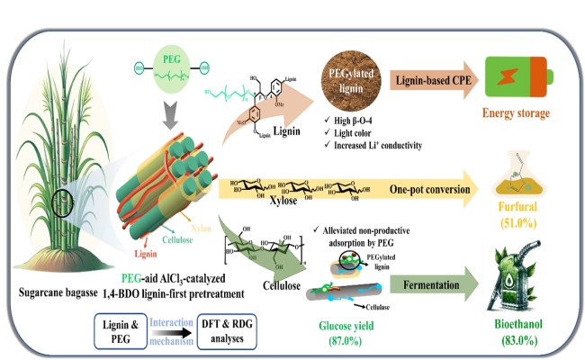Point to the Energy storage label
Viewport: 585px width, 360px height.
click(x=517, y=113)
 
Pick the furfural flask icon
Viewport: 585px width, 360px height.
click(x=519, y=178)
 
